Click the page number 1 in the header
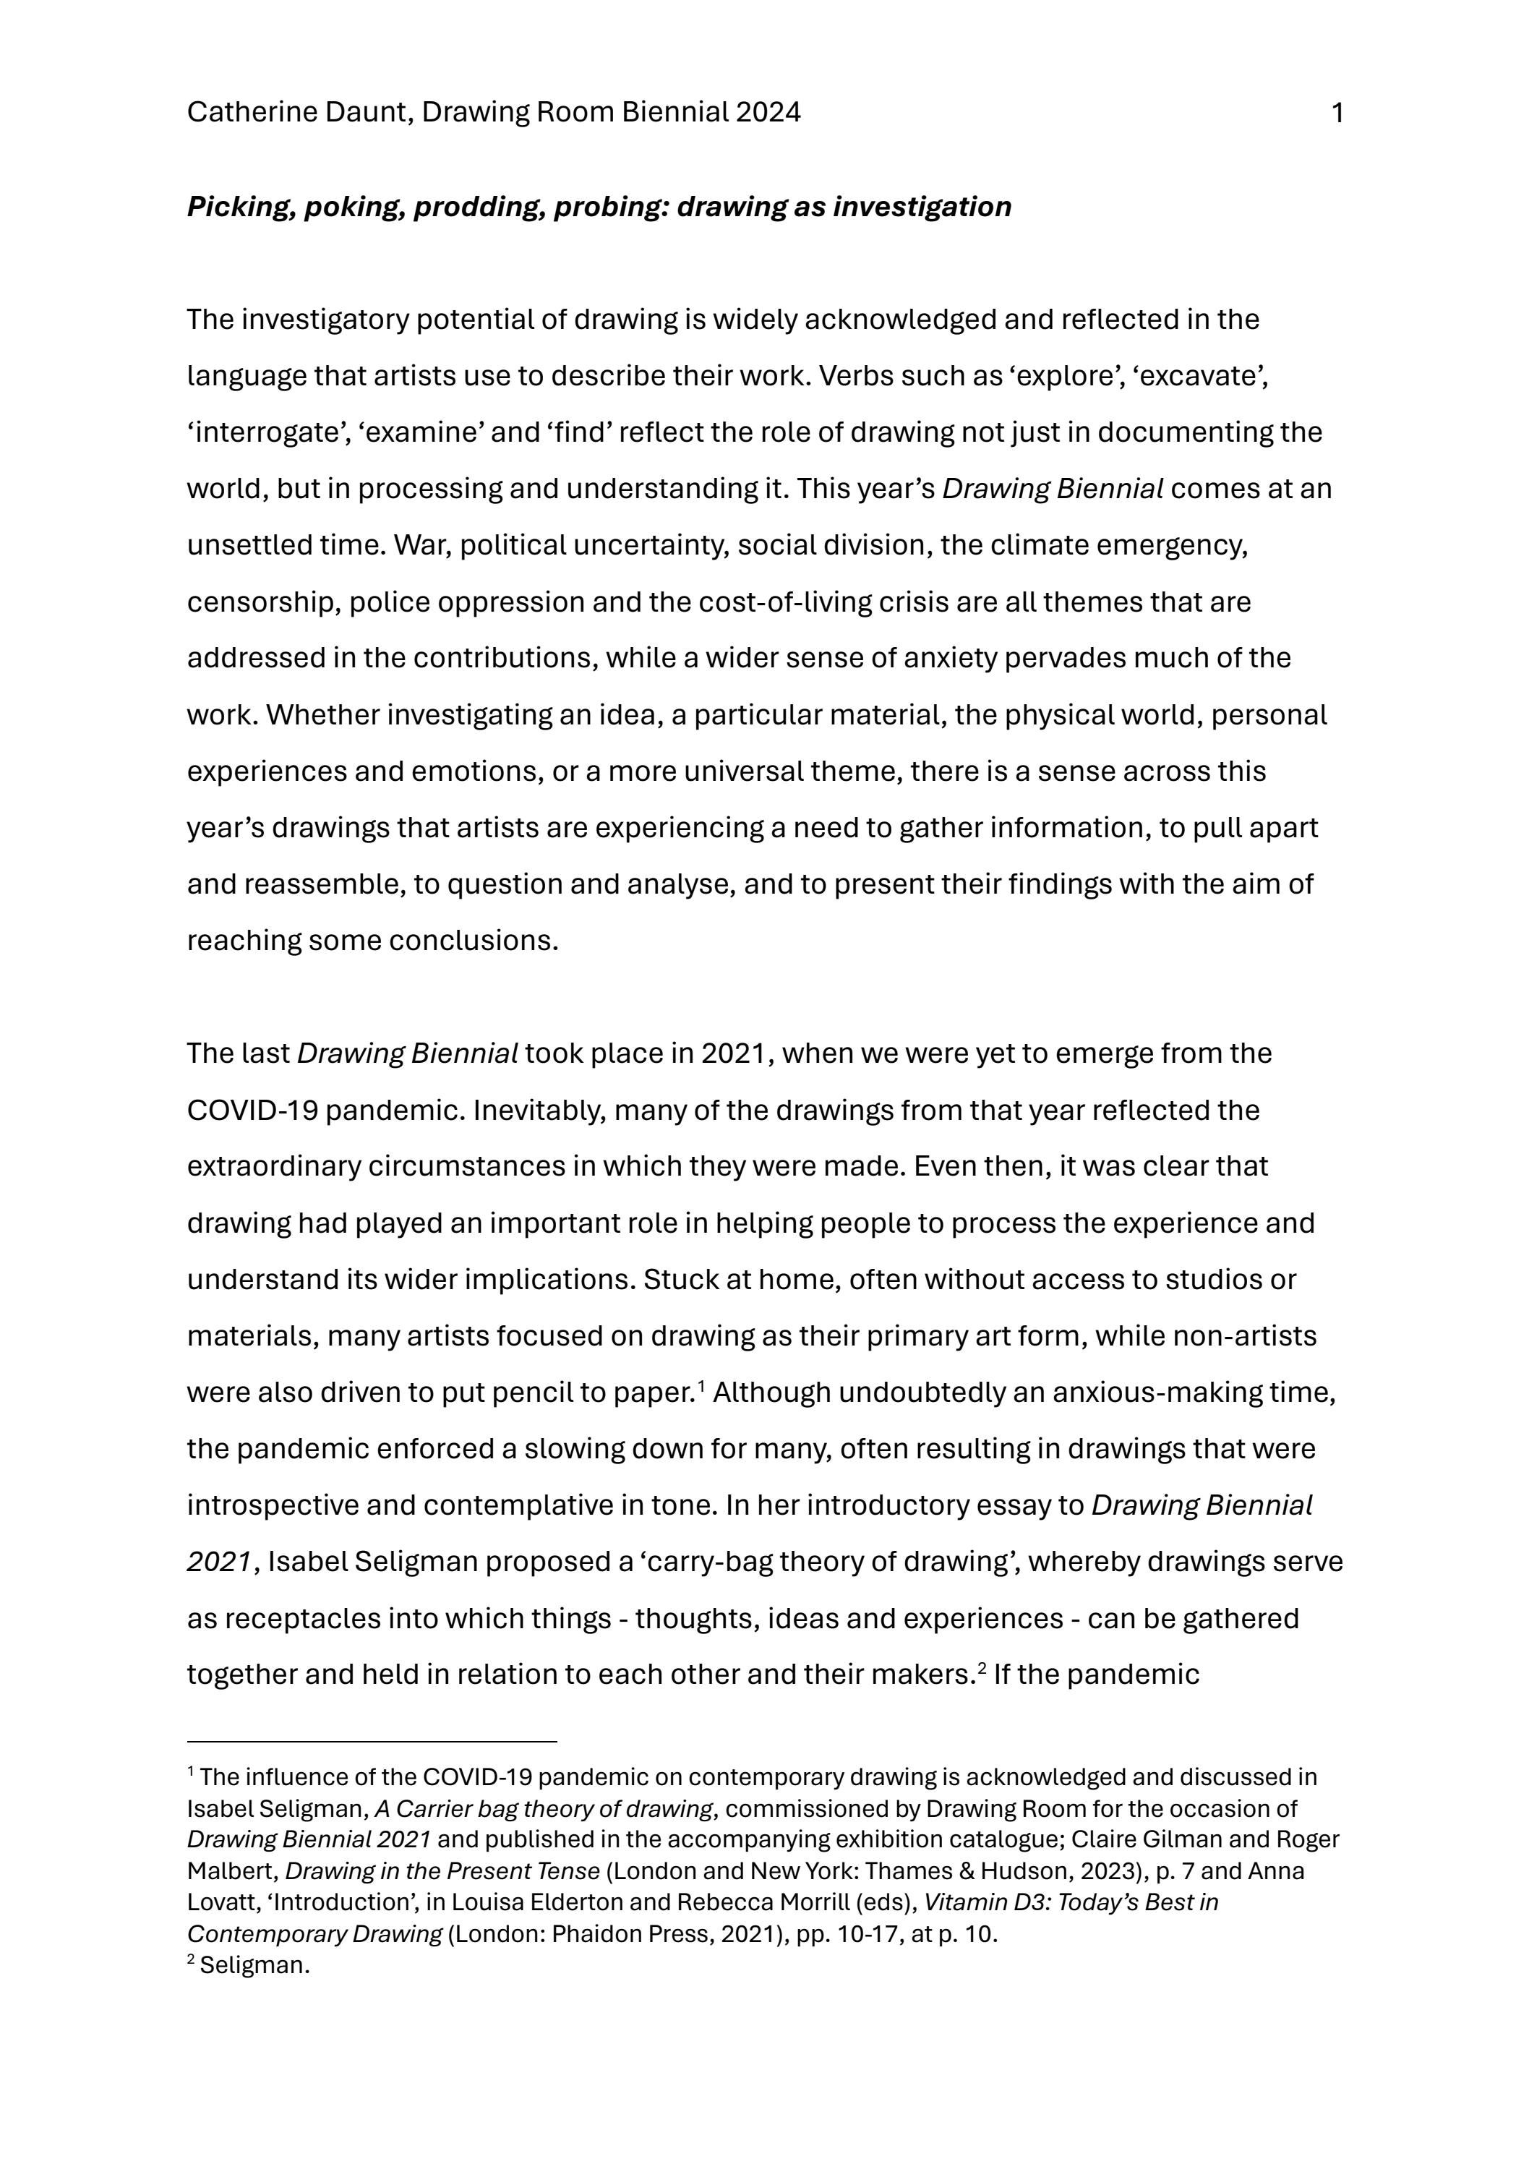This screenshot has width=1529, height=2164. pos(1337,113)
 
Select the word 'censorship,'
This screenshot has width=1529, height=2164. pos(263,602)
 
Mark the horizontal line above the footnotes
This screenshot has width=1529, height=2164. pos(372,1742)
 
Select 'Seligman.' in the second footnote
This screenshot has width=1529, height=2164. pos(254,1966)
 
